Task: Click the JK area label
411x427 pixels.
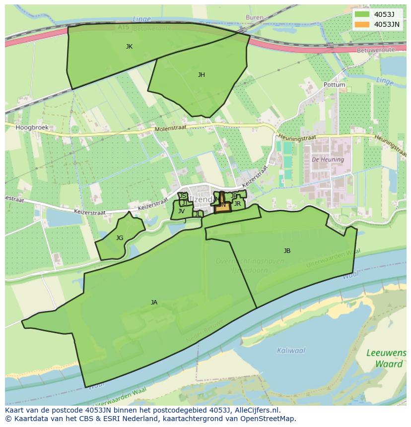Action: point(129,47)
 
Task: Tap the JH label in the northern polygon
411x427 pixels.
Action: point(201,75)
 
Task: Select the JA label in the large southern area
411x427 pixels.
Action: point(154,303)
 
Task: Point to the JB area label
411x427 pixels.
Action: point(287,251)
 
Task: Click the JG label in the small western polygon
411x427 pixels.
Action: point(120,238)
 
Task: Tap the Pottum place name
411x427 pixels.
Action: point(334,85)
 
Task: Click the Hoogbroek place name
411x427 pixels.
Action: point(32,127)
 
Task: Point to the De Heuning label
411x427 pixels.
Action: point(328,160)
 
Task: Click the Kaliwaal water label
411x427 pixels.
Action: point(291,351)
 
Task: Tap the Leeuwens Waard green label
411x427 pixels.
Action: point(386,358)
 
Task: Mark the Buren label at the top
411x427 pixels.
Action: point(255,17)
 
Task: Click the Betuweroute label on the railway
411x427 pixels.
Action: point(376,50)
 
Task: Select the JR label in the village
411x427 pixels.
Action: point(237,204)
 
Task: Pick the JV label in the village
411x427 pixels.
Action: point(181,211)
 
